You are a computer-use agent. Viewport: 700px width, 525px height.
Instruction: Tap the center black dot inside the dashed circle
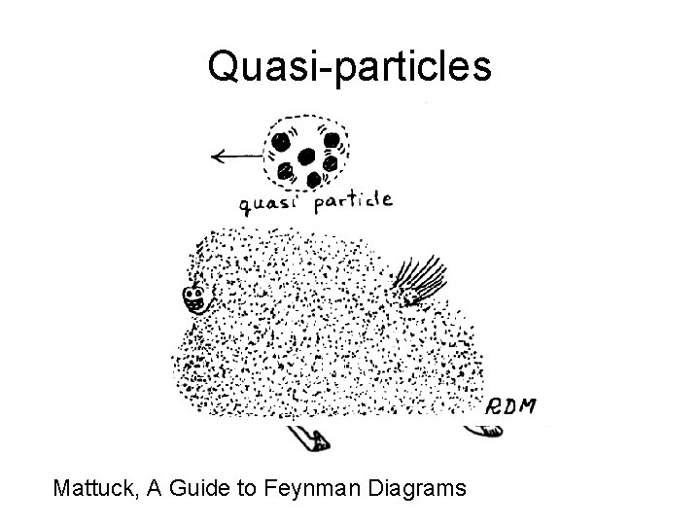[x=307, y=156]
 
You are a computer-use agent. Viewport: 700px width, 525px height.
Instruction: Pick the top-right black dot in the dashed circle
[x=331, y=139]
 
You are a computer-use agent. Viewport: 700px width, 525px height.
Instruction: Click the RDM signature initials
[x=511, y=405]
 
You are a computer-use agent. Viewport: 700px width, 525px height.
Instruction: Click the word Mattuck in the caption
[x=95, y=488]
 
